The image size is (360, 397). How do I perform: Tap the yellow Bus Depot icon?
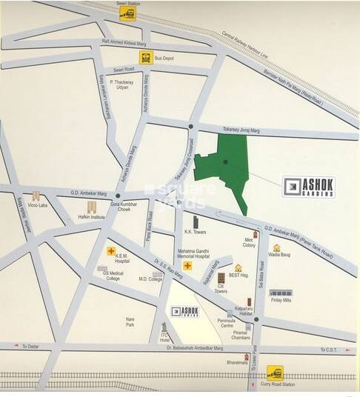coord(146,56)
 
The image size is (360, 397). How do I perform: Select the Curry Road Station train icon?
coord(275,372)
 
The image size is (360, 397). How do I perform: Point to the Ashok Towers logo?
coord(185,312)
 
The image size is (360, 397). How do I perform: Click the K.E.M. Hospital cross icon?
coord(111,251)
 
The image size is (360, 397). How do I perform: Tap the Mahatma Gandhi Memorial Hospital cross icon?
coord(187,265)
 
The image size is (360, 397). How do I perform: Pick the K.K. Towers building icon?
coord(196,221)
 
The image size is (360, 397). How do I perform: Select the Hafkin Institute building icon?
coord(93,207)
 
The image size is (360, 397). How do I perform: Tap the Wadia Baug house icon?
coord(276,248)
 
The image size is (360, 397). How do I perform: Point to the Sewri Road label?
coord(119,68)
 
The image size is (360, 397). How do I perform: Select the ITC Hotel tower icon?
coord(164,327)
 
